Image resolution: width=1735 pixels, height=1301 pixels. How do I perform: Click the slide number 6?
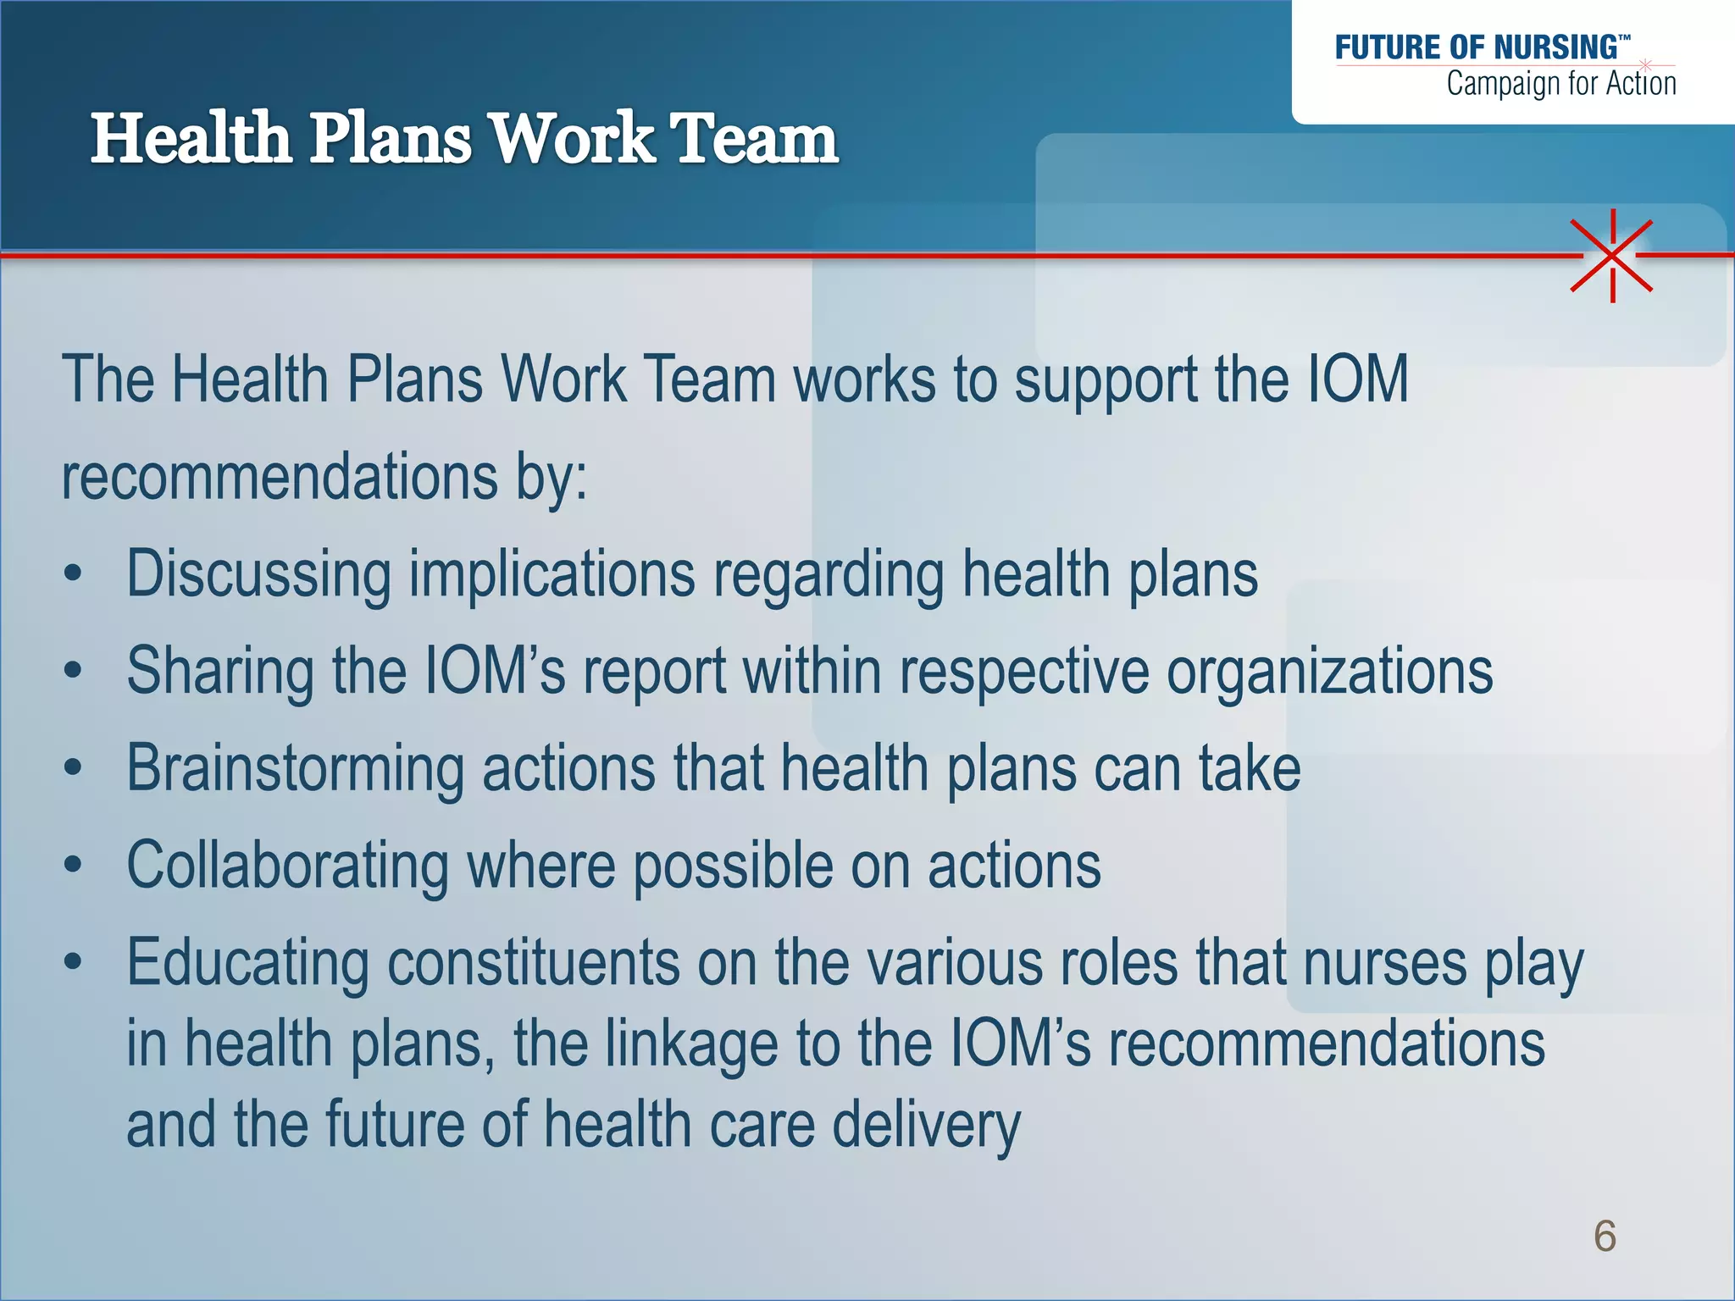pos(1605,1236)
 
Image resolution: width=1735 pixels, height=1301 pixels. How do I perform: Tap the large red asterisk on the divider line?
pos(1612,255)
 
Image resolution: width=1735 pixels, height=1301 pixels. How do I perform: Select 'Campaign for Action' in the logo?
pos(1560,84)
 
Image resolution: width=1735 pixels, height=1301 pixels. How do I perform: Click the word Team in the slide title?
pos(754,139)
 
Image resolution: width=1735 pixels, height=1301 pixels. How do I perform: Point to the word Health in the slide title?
pos(191,139)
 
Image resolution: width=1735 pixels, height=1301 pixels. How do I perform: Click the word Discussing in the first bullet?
pos(258,574)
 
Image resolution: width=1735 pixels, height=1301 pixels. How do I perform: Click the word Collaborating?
pos(287,866)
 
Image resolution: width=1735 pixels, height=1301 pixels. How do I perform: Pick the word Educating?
pos(247,964)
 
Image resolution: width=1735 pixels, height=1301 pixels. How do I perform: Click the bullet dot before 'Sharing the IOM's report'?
pos(74,672)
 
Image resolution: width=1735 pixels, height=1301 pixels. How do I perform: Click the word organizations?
pos(1329,671)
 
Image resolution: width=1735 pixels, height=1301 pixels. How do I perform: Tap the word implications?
pos(552,574)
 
